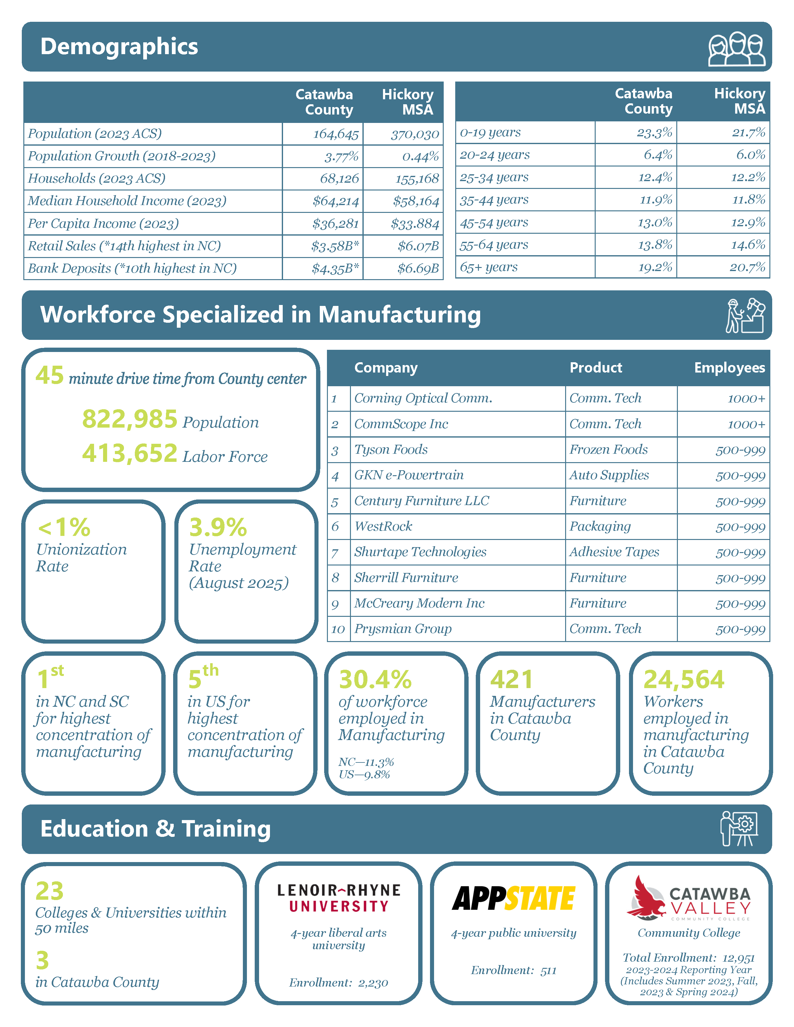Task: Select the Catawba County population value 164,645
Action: (x=336, y=134)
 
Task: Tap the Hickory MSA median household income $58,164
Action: (x=416, y=202)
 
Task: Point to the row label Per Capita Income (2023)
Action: (x=103, y=223)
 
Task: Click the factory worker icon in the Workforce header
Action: (x=745, y=316)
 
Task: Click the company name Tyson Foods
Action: (x=391, y=450)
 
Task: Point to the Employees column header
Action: (x=729, y=368)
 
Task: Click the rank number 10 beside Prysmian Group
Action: (x=338, y=629)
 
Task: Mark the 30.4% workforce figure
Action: (x=375, y=679)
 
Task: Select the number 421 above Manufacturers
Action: (x=511, y=679)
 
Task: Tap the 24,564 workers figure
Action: (x=683, y=679)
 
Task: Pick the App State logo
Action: (x=514, y=898)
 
